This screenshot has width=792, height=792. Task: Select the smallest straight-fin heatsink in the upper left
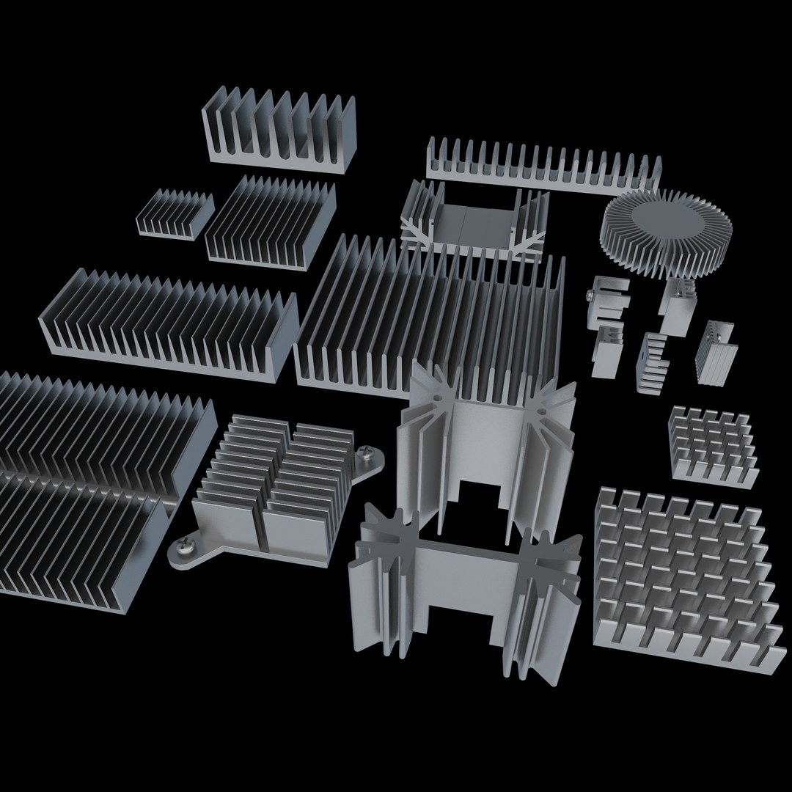(x=175, y=213)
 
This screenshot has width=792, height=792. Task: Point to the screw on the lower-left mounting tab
(x=182, y=546)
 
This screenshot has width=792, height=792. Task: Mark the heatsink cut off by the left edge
(x=81, y=469)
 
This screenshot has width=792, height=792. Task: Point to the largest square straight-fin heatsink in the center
(x=433, y=315)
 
